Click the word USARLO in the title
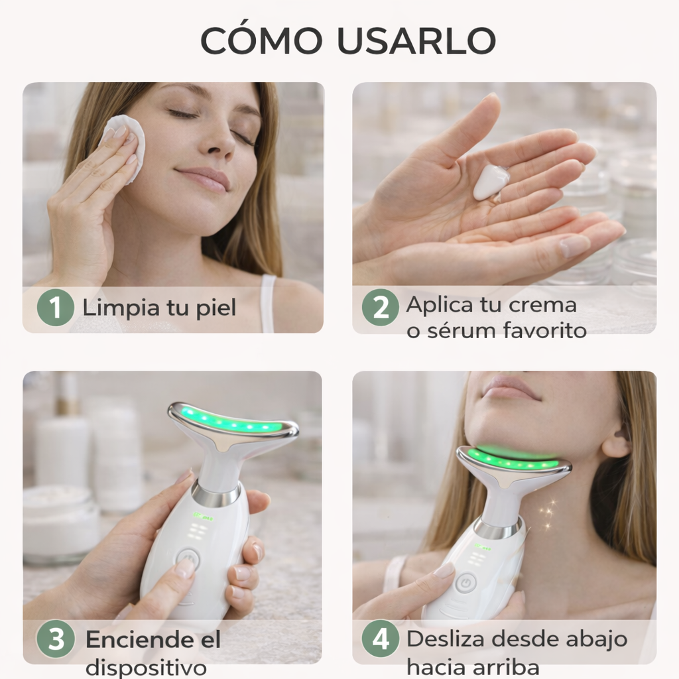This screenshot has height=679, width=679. coord(416,41)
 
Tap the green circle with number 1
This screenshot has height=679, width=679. coord(55,308)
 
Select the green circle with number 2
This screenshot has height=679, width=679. coord(381,308)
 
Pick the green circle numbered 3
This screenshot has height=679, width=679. coord(55,640)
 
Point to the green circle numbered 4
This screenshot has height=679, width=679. coord(381,640)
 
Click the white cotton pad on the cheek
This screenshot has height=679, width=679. coord(123,143)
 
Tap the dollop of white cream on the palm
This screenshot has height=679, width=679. coord(491,182)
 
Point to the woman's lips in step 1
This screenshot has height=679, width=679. coord(204,178)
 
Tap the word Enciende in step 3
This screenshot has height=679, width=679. coord(135,641)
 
